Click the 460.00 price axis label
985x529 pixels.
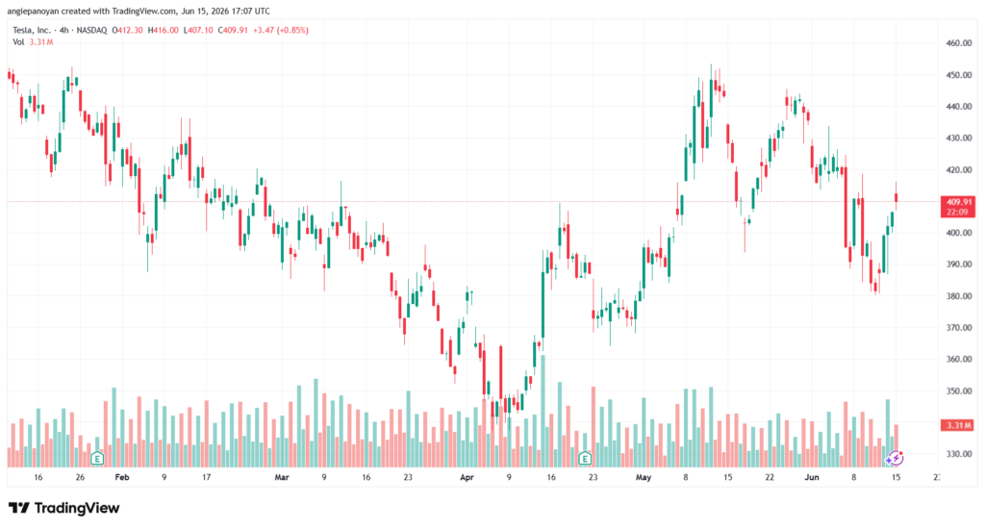point(959,43)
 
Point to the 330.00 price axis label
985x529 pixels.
point(959,454)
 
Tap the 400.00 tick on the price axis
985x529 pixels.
point(959,233)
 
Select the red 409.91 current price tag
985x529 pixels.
point(958,207)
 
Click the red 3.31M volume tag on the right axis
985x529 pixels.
point(958,425)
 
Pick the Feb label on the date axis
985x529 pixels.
point(122,477)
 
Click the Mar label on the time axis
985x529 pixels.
point(282,477)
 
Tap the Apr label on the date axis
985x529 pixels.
point(467,477)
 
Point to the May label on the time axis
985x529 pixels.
point(644,477)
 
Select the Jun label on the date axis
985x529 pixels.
point(812,477)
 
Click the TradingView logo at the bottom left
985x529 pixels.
point(64,508)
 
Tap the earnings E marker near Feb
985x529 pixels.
point(97,458)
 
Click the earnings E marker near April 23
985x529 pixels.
point(585,458)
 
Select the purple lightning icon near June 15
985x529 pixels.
point(895,458)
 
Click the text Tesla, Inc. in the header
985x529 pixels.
point(32,30)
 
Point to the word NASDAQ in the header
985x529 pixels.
point(91,30)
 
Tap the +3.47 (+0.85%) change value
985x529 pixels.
point(281,30)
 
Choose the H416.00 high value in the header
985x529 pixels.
point(164,30)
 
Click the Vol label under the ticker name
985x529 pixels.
point(18,42)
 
